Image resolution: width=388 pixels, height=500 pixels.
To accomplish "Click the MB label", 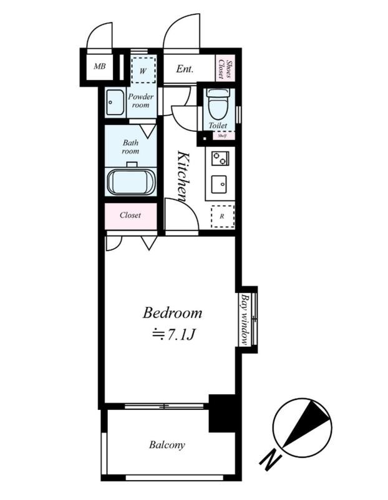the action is tap(99, 67).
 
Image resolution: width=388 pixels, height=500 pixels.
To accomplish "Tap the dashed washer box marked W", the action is tap(143, 70).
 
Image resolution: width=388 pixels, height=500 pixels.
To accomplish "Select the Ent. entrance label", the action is tap(185, 69).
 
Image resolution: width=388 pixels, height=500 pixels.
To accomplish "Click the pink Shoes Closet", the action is tap(225, 69).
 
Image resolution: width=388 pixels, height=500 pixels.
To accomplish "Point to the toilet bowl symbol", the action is tap(218, 104).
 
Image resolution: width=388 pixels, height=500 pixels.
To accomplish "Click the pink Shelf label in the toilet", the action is tap(222, 136).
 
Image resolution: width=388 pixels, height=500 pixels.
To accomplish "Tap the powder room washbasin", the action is tap(115, 102).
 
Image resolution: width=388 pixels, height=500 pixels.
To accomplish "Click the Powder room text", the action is tap(141, 101).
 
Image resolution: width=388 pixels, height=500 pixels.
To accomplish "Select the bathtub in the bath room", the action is tap(131, 181).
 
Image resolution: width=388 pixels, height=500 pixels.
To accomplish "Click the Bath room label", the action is tap(130, 147).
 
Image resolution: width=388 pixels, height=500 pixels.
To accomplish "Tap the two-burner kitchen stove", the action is tap(220, 157).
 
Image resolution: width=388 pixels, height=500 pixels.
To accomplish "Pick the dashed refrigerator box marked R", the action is tap(223, 216).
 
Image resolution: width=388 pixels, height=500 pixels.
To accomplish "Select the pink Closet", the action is tap(131, 216).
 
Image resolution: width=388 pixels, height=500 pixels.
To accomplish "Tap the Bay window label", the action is tap(245, 319).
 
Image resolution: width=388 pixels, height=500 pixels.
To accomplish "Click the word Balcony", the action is tap(167, 445).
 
